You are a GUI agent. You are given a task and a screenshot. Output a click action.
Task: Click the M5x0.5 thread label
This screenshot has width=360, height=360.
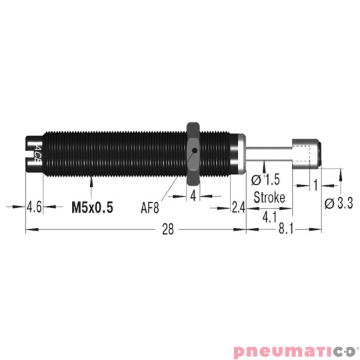click(92, 207)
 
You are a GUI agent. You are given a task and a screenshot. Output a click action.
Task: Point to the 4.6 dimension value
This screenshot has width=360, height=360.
click(34, 207)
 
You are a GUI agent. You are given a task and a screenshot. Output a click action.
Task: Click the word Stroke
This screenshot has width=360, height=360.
click(270, 198)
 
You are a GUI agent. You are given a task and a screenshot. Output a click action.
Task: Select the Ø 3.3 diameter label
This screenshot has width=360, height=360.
click(338, 204)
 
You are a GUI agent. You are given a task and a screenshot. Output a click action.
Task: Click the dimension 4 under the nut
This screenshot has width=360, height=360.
click(193, 196)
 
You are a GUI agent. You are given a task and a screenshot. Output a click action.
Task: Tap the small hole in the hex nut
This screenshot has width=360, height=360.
click(194, 151)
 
